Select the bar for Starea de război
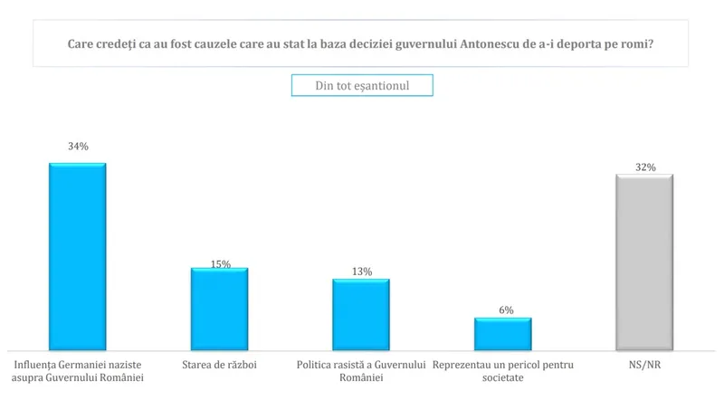(219, 309)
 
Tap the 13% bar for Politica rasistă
(361, 314)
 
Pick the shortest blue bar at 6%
(503, 333)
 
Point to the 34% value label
(77, 146)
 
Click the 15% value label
(220, 264)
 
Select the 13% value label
(361, 271)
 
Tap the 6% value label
(505, 310)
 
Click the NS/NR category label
(644, 365)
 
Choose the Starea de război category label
(219, 365)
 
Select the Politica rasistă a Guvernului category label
(361, 371)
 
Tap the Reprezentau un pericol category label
(503, 371)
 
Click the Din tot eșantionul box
(362, 84)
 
